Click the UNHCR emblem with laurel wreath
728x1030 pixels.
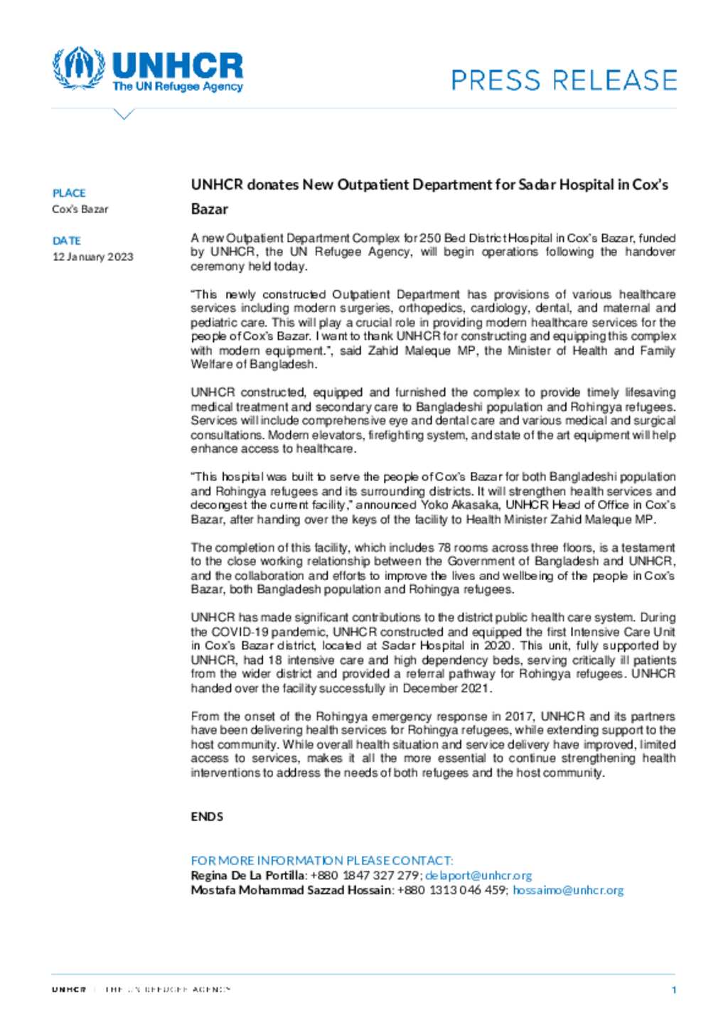point(78,68)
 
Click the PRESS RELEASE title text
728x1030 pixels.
point(564,80)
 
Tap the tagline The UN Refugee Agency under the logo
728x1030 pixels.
point(177,87)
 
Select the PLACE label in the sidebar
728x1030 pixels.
point(69,193)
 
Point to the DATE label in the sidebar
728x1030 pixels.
point(67,241)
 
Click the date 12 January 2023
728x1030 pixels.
point(93,257)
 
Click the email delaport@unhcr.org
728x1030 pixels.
point(478,876)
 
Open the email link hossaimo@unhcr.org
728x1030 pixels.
point(568,890)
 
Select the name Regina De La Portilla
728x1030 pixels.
point(248,876)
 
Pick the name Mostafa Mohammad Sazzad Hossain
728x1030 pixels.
point(291,890)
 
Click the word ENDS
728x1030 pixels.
point(207,817)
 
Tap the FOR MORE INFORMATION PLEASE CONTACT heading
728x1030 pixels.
point(322,860)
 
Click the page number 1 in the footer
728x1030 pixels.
point(673,989)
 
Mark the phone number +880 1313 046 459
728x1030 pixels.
point(451,890)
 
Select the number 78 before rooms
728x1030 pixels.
point(444,547)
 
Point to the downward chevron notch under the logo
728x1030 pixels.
point(124,114)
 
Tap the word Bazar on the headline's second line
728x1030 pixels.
point(210,209)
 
